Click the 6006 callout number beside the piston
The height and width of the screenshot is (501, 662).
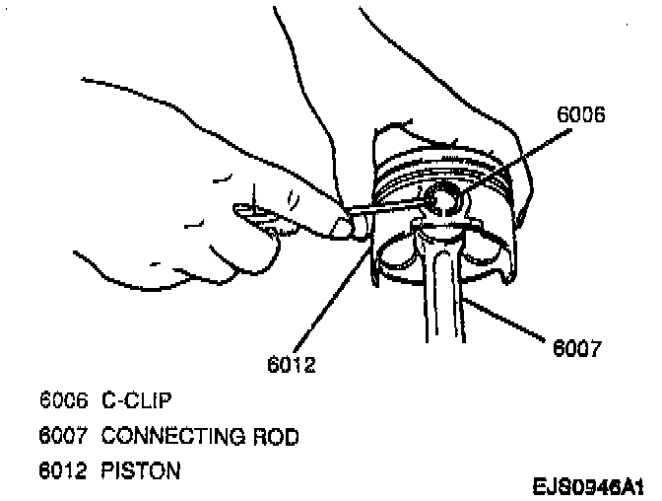tap(580, 115)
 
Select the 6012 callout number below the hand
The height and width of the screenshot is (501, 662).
tap(291, 365)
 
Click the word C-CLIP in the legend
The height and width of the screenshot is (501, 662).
tap(137, 400)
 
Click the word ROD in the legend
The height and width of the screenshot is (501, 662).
tap(268, 435)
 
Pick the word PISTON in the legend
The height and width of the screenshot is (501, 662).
tap(140, 470)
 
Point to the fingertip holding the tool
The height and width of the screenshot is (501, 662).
tap(344, 228)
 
